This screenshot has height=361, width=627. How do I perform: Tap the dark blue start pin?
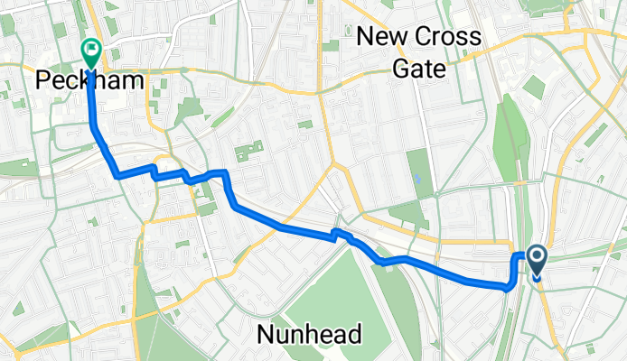(x=536, y=262)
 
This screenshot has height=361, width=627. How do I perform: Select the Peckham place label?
(x=89, y=80)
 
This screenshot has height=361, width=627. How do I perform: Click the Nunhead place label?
(x=309, y=335)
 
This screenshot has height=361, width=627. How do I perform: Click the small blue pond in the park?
(x=418, y=178)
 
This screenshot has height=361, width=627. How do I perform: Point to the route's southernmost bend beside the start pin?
(x=510, y=288)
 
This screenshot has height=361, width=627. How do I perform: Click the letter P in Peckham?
(x=43, y=80)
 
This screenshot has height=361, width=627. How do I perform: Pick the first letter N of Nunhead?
(x=265, y=335)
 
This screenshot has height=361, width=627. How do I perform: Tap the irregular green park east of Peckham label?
(x=189, y=111)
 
